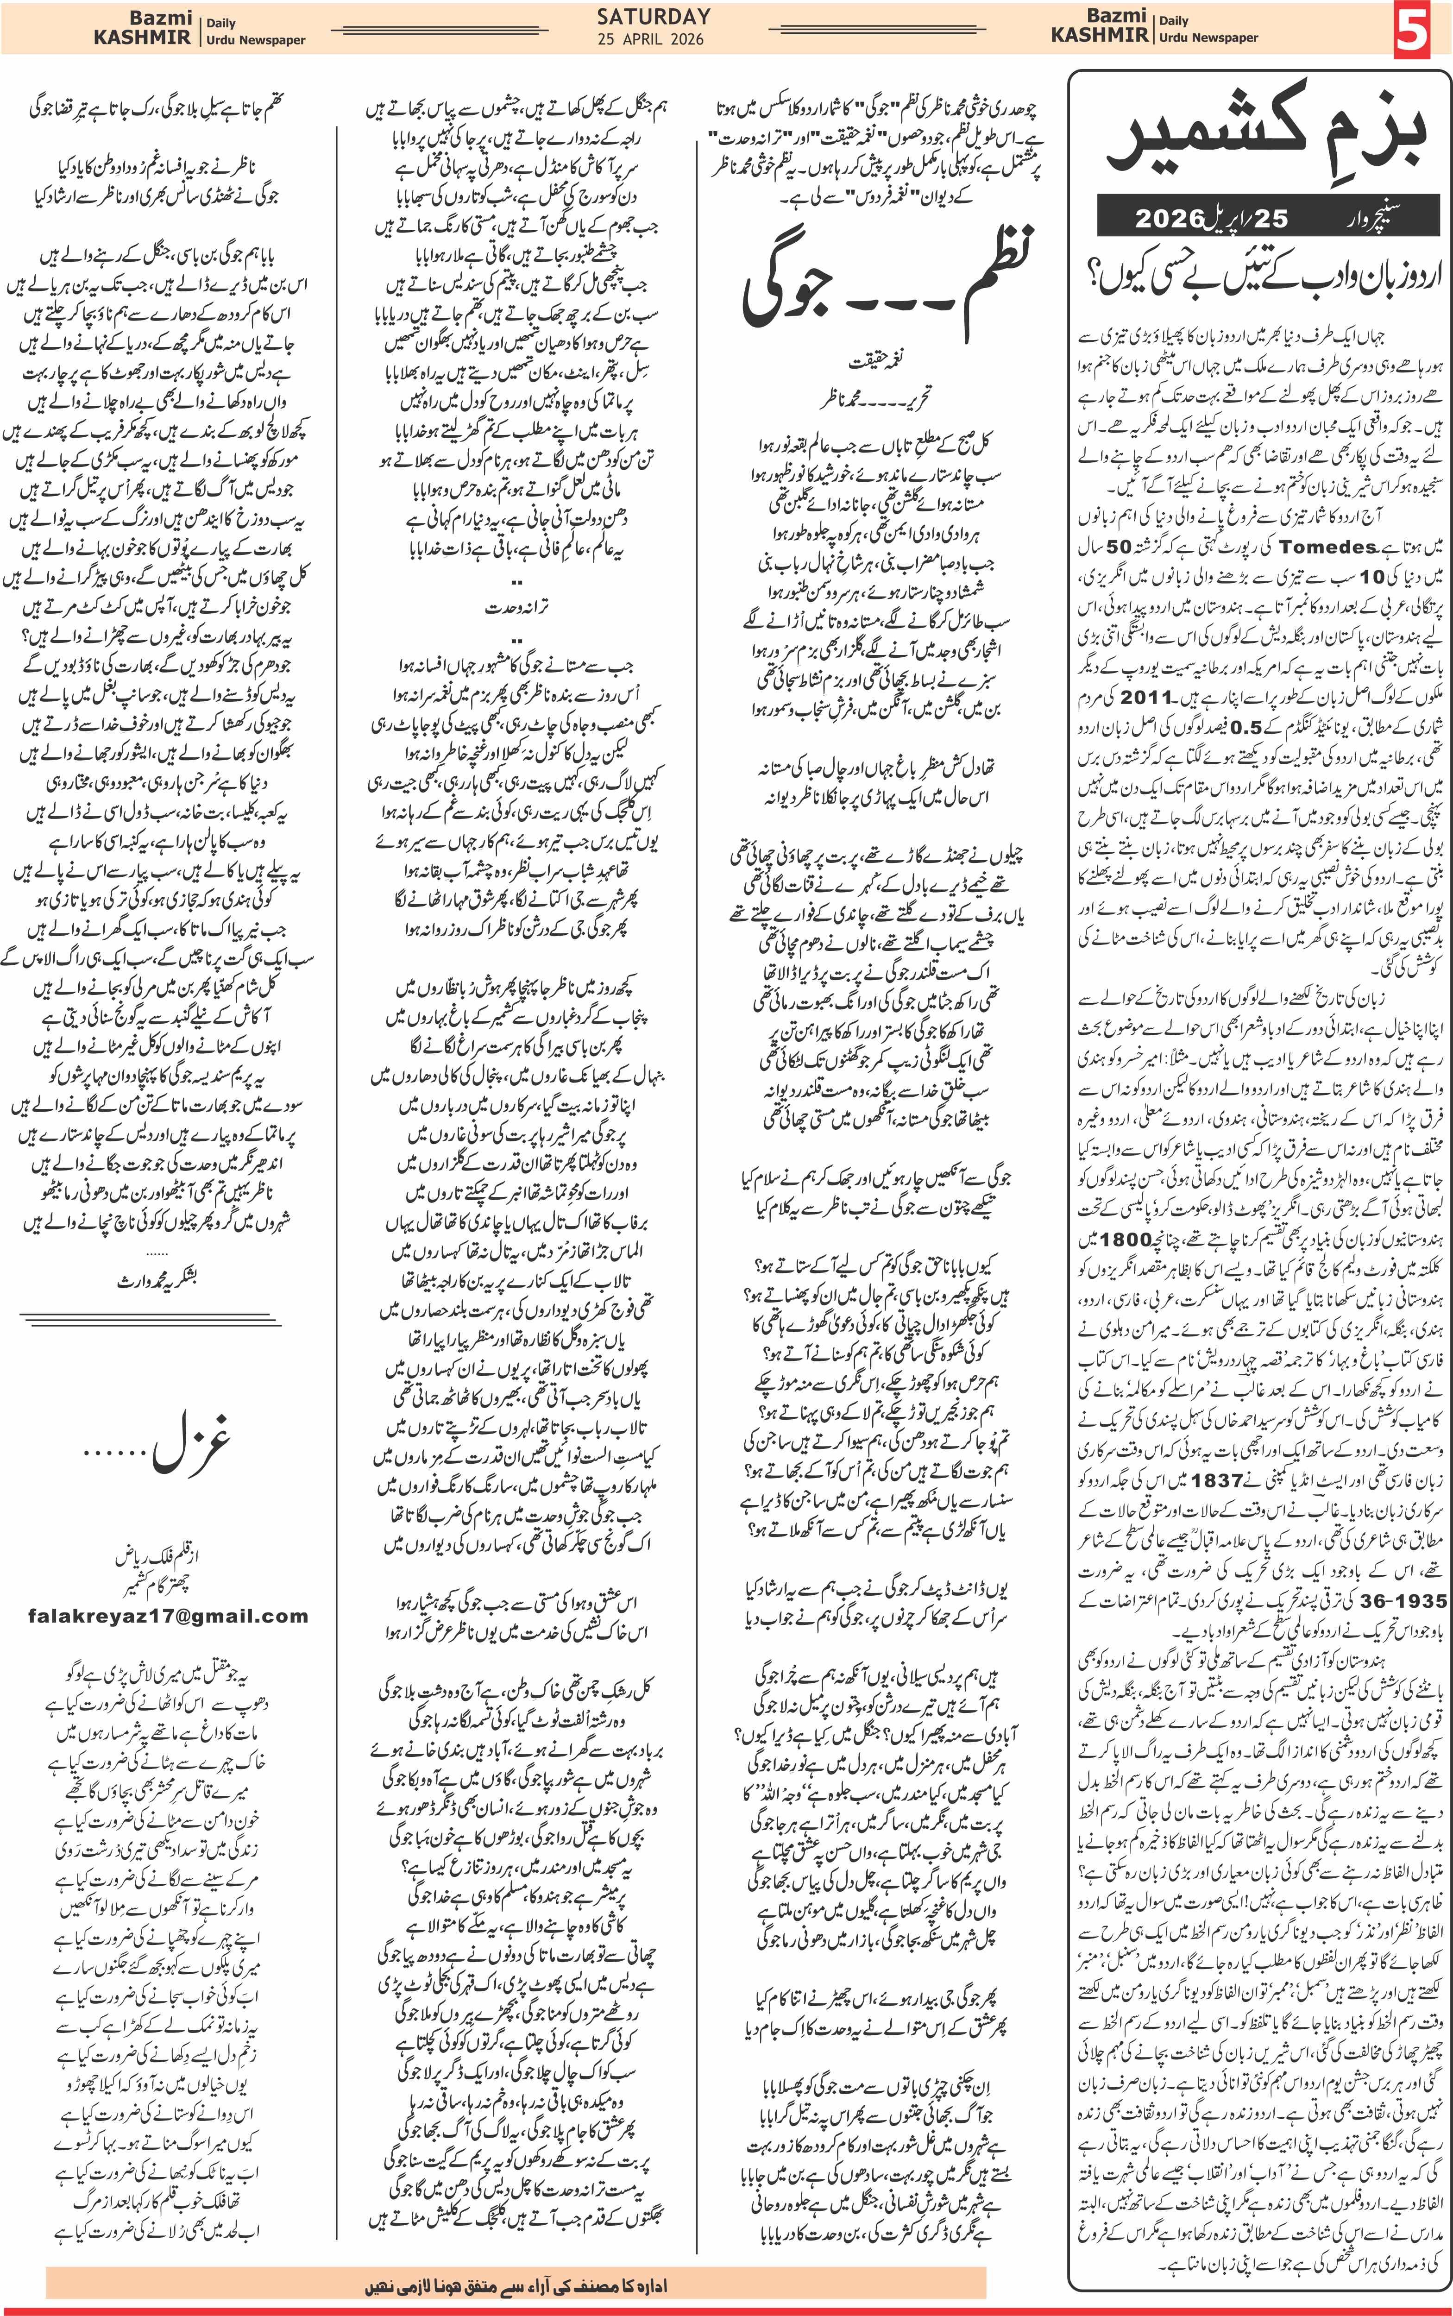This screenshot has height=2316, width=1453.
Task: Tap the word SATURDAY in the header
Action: coord(654,16)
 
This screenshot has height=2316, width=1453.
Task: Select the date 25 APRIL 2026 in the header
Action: coord(651,39)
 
